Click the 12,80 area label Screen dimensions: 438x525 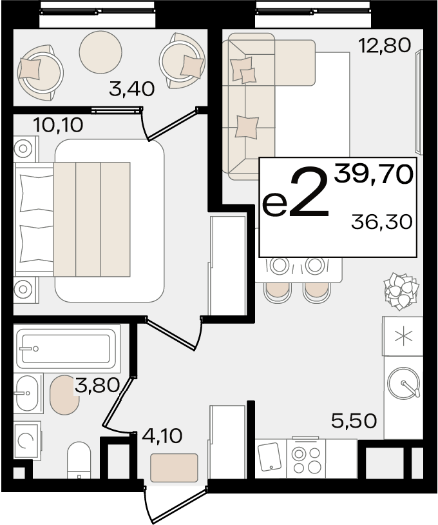pos(384,46)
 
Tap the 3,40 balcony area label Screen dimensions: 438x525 pos(132,89)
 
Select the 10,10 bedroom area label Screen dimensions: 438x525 pos(58,125)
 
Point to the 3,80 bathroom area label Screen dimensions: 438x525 pos(97,385)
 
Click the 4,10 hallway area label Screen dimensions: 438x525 pos(162,436)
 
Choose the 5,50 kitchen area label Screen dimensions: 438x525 pos(354,421)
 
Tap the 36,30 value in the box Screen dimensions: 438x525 pos(381,222)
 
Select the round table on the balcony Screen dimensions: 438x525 pos(100,52)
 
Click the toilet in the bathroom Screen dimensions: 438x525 pos(79,459)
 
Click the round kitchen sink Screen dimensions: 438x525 pos(404,383)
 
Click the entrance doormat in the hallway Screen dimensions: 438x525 pos(174,468)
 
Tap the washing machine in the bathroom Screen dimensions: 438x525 pos(27,441)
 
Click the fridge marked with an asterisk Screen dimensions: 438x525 pos(403,336)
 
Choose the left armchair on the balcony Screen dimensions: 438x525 pos(39,72)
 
